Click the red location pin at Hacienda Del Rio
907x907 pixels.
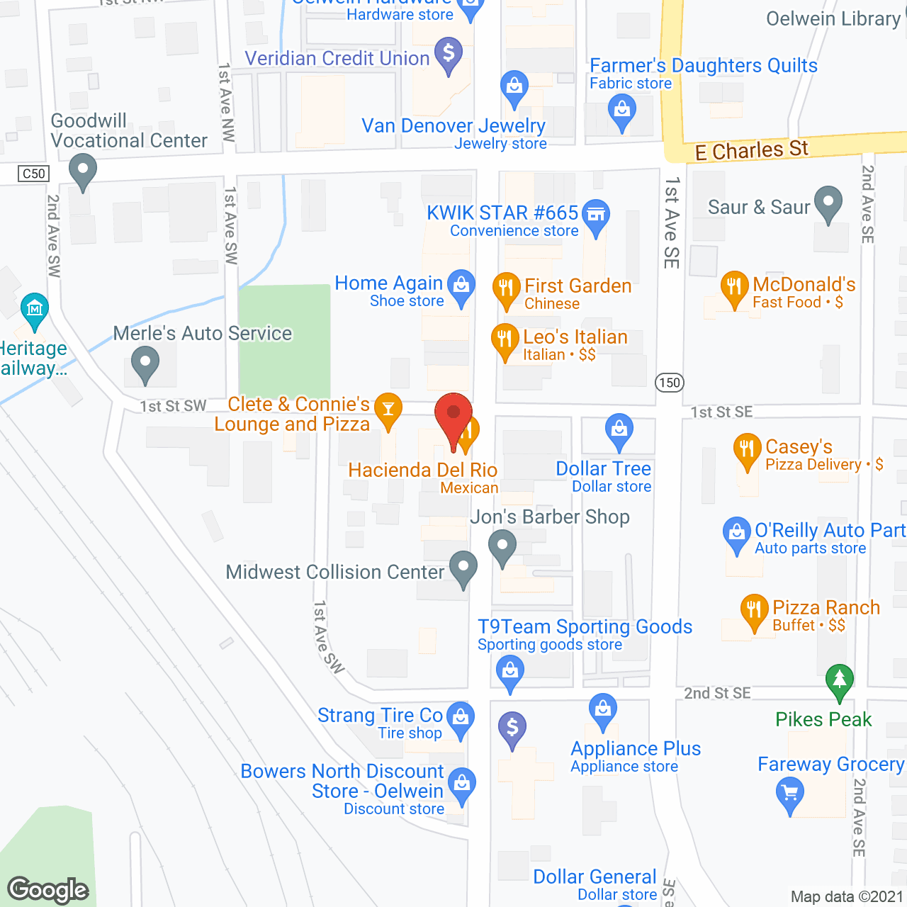point(453,415)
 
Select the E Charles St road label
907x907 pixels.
point(751,150)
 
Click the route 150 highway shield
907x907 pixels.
point(669,383)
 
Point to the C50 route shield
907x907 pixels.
point(34,174)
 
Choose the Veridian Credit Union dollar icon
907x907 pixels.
point(448,53)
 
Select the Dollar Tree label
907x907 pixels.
point(603,468)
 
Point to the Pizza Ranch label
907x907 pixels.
point(826,607)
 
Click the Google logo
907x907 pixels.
point(48,889)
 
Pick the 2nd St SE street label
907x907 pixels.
point(717,693)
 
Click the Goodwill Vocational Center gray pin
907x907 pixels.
point(83,170)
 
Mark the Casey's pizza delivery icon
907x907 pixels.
point(747,448)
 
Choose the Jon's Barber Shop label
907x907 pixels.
point(550,517)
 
